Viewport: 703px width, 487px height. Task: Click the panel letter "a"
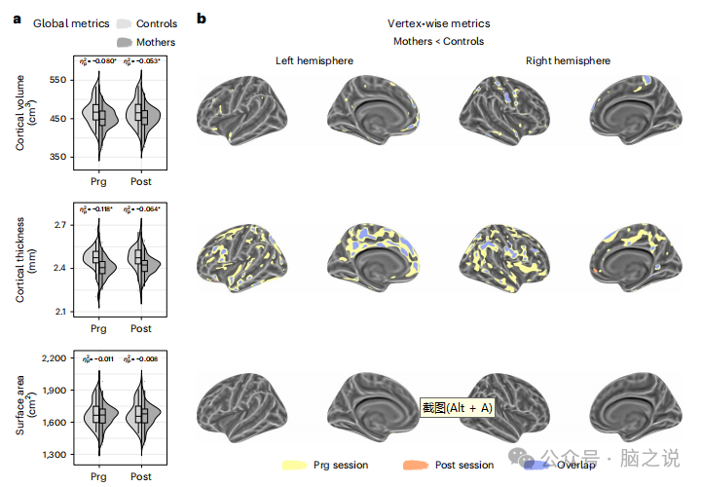(17, 18)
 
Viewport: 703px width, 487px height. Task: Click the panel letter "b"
(202, 18)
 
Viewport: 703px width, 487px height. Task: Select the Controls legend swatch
(124, 23)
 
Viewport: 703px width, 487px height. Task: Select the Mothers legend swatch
(124, 42)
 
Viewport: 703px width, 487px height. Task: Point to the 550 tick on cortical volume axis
(58, 80)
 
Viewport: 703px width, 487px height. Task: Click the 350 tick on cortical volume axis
(58, 157)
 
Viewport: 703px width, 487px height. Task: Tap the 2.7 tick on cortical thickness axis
(59, 226)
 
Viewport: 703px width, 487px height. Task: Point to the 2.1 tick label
(59, 312)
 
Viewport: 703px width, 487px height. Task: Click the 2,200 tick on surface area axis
(54, 358)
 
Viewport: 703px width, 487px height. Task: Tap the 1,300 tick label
(54, 455)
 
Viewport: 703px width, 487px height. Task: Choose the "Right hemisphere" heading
(569, 60)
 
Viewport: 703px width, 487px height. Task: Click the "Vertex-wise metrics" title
(438, 23)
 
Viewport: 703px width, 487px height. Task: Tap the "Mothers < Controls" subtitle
(438, 42)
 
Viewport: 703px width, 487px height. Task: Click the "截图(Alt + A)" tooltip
(457, 408)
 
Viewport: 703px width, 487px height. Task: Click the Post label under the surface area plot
(141, 477)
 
